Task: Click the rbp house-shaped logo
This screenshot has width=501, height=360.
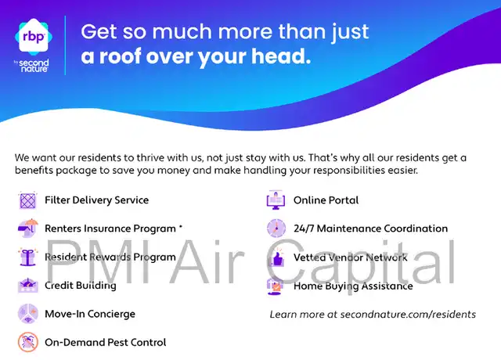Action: pos(34,37)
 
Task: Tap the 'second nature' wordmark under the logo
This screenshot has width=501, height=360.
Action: pos(32,66)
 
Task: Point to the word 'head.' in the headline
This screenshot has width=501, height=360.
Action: pos(281,56)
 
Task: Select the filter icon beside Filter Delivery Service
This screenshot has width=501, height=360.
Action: pos(28,200)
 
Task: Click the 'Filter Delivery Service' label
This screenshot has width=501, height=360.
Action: pos(96,200)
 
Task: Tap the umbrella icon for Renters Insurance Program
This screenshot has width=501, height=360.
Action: pos(28,228)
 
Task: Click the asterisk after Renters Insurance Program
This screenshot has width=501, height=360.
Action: pos(181,227)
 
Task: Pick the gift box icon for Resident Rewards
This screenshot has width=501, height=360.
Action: pos(28,257)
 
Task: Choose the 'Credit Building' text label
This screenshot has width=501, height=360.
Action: pos(81,285)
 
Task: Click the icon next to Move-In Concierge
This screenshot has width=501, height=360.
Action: pos(28,314)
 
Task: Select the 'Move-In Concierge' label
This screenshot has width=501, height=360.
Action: pos(90,314)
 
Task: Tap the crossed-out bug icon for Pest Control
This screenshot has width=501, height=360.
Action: pos(28,342)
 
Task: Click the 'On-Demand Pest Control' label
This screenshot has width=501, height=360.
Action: pos(106,343)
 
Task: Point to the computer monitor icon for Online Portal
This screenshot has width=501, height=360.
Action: pos(276,200)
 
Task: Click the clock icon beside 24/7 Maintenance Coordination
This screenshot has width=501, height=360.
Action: pos(276,229)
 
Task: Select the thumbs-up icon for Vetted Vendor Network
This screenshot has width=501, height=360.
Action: pos(276,257)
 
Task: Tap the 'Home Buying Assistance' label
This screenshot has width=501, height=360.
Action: pos(353,286)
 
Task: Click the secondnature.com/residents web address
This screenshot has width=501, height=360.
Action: pos(408,315)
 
